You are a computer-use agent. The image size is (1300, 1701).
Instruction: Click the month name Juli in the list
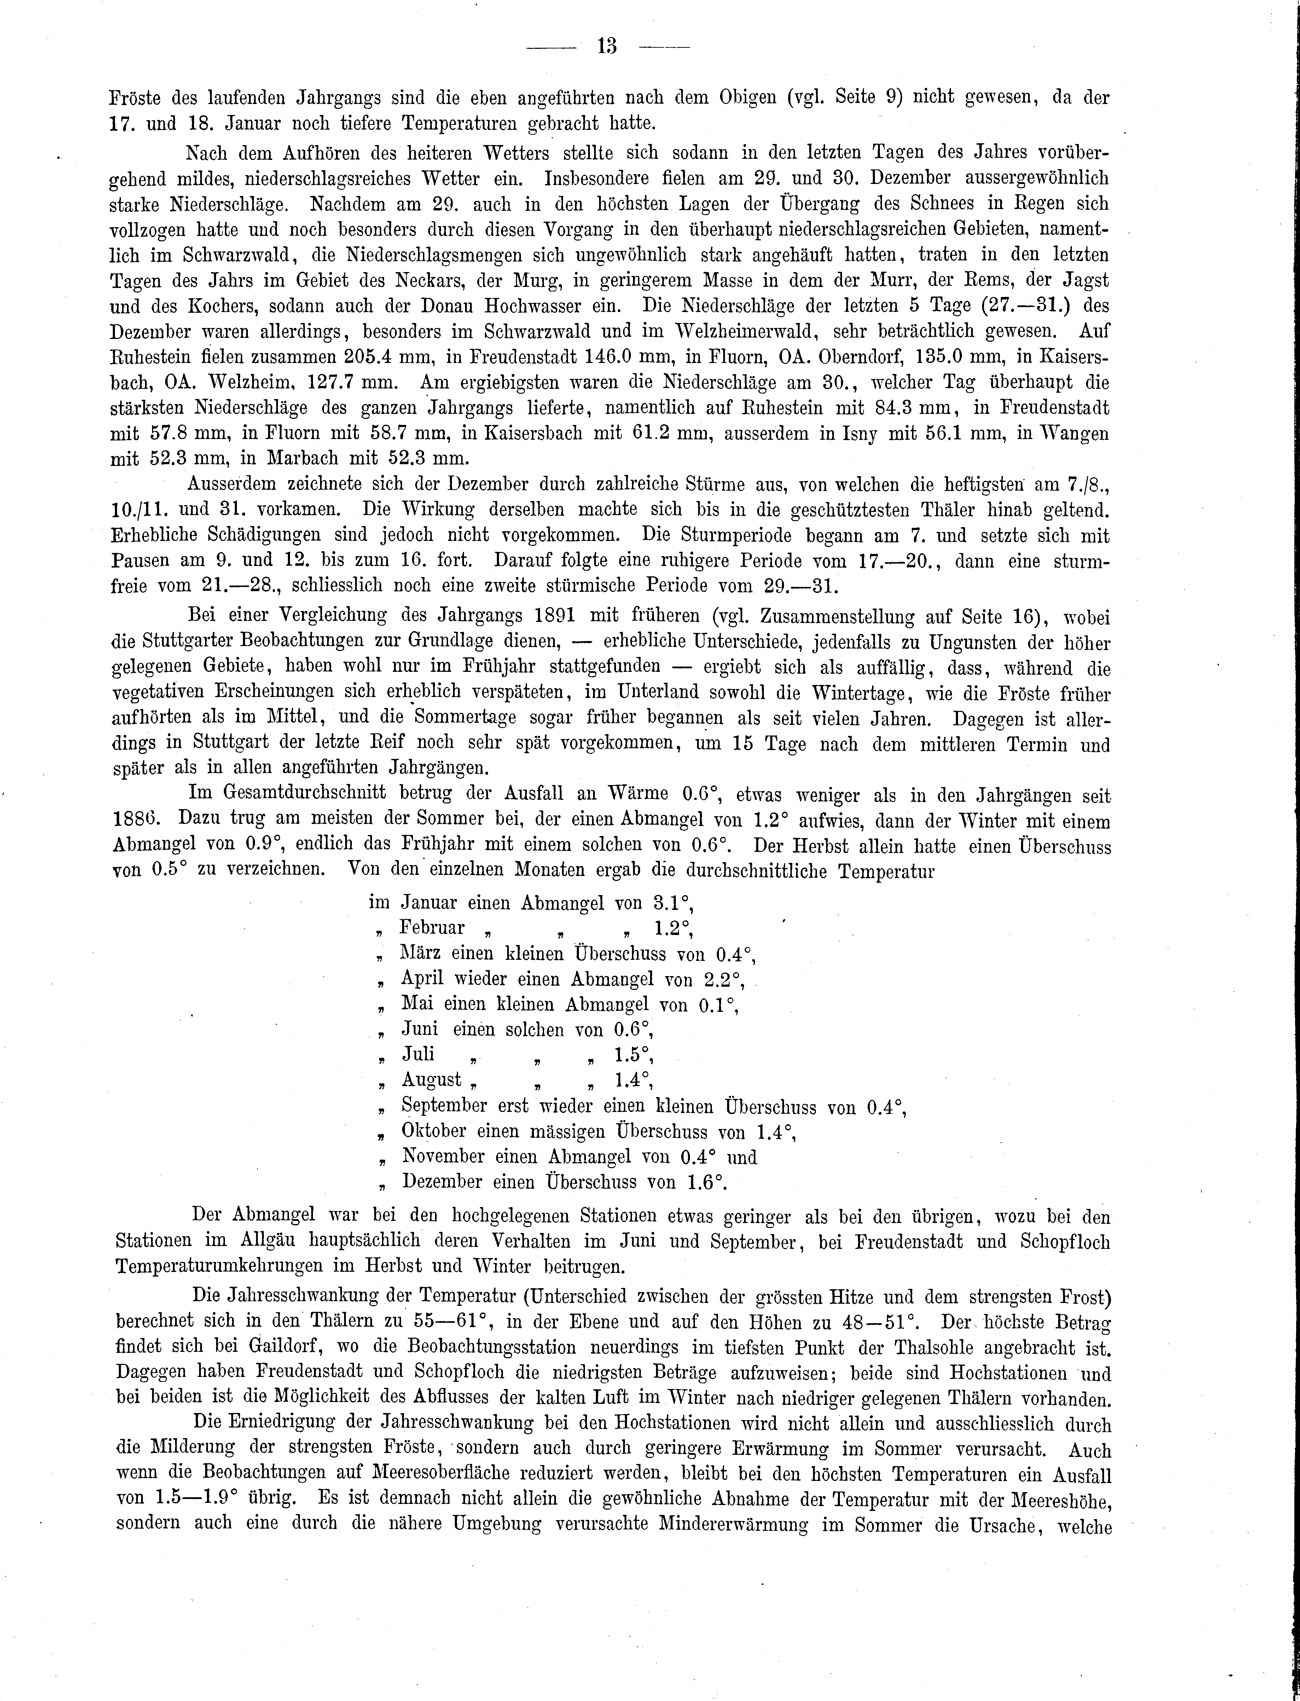coord(418,1055)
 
